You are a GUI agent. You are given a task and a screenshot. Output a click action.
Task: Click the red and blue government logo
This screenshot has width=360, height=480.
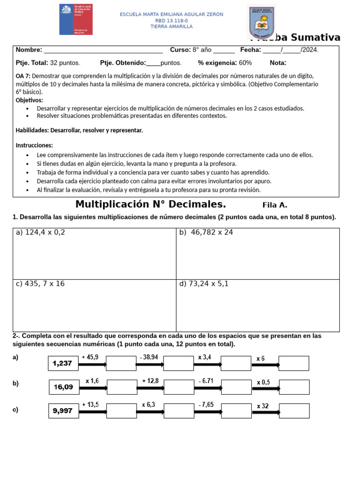[75, 19]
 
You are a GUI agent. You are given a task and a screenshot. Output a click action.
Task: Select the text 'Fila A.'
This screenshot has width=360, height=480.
[275, 205]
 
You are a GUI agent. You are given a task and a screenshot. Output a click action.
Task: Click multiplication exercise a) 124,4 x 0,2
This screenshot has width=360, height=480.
[41, 232]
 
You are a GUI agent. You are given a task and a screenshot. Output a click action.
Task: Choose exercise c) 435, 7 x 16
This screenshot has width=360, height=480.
[40, 284]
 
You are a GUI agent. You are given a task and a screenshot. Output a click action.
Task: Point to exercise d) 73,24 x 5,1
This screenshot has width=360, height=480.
[204, 284]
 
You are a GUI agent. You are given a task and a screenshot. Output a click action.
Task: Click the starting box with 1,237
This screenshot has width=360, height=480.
[63, 363]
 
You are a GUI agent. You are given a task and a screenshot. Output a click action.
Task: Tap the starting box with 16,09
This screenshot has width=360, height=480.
[64, 387]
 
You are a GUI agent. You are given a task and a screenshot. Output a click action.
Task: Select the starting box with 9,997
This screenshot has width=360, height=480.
[63, 411]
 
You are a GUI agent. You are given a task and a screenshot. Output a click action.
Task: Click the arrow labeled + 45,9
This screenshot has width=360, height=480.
[93, 364]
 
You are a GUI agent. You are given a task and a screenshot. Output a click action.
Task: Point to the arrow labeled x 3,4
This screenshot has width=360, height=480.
[207, 364]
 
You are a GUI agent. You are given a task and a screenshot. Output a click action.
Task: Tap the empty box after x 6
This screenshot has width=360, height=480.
[294, 363]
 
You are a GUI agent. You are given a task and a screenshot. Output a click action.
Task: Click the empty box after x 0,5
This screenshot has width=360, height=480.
[294, 387]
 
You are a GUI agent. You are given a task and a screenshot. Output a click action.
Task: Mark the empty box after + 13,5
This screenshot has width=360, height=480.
[121, 411]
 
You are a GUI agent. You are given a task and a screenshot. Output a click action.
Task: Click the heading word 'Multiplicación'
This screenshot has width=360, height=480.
[111, 204]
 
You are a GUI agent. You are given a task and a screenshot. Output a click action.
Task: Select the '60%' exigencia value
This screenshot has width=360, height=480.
[245, 63]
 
